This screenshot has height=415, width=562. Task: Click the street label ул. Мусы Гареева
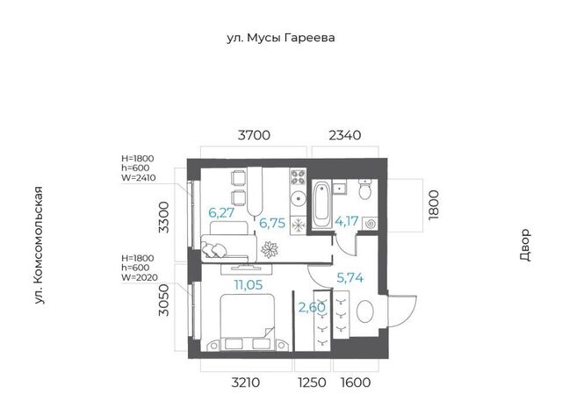(x=281, y=38)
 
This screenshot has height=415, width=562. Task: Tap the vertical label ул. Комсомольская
(x=39, y=246)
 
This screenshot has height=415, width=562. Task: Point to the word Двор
(x=525, y=245)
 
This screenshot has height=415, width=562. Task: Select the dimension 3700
(x=254, y=135)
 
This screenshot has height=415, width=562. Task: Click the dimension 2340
(x=345, y=135)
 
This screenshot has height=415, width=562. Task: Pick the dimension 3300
(x=164, y=218)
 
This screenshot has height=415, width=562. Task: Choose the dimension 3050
(x=164, y=300)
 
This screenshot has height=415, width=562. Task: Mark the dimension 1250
(x=313, y=383)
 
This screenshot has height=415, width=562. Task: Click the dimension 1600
(x=356, y=383)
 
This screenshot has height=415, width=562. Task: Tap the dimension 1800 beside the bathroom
(x=433, y=204)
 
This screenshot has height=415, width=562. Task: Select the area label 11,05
(x=249, y=285)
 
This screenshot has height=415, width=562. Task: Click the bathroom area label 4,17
(x=347, y=221)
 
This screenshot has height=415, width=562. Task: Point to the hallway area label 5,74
(x=350, y=277)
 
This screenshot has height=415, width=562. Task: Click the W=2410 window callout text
(x=139, y=177)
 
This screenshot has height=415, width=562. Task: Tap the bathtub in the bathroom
(x=322, y=204)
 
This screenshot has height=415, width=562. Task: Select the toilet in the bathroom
(x=365, y=190)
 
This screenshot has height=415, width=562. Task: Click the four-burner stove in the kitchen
(x=298, y=177)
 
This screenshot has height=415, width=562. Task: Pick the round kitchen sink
(x=298, y=199)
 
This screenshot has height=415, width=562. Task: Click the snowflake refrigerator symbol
(x=298, y=225)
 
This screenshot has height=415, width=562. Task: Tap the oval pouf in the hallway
(x=365, y=311)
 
